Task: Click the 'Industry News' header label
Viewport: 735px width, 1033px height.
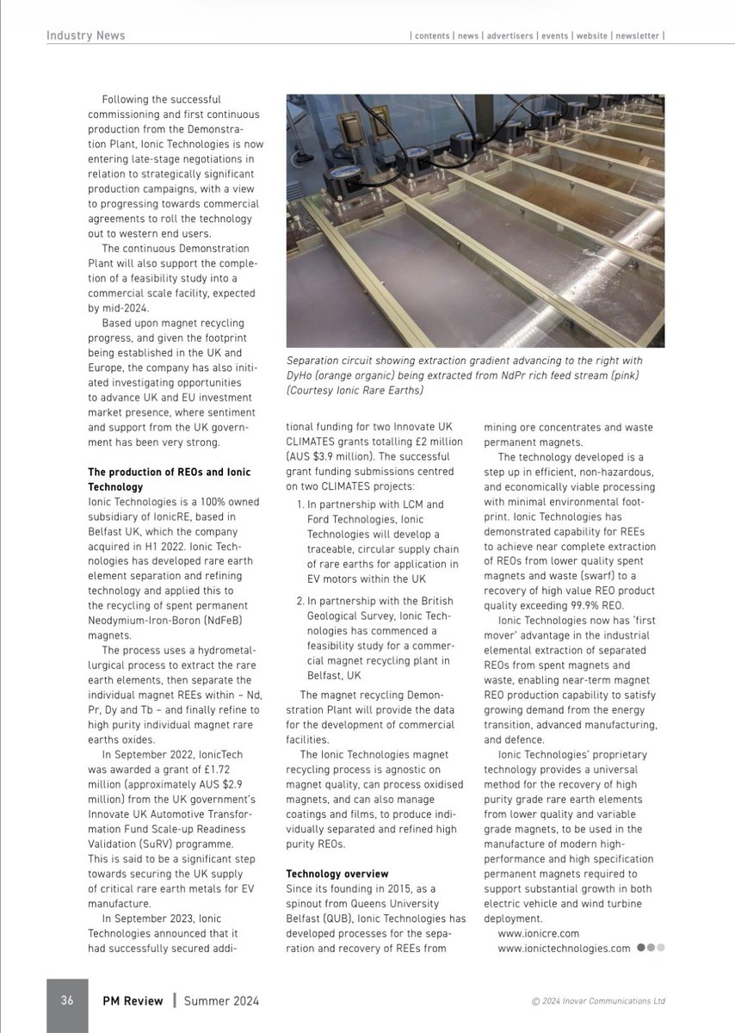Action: [x=86, y=35]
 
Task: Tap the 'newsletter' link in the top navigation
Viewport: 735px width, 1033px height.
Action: [x=637, y=36]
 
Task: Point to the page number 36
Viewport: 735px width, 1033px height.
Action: [x=66, y=1000]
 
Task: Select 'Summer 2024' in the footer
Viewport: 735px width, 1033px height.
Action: [x=222, y=1000]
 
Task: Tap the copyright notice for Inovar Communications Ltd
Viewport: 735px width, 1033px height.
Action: [x=598, y=1001]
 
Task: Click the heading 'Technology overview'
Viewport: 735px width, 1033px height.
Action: [x=337, y=874]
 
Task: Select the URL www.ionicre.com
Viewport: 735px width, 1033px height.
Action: [x=538, y=932]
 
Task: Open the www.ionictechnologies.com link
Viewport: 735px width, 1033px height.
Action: [x=564, y=948]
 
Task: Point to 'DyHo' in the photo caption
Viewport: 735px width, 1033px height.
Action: [x=301, y=375]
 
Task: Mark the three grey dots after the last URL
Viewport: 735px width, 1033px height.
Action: [x=651, y=948]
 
